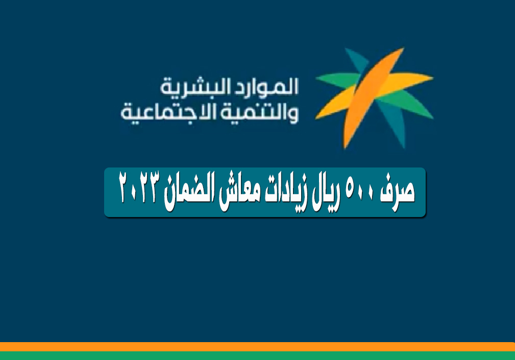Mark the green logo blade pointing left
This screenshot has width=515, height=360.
tap(338, 80)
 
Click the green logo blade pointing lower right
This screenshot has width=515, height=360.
tap(409, 104)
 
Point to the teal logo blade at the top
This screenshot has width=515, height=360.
tap(358, 61)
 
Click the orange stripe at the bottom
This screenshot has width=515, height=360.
tap(257, 347)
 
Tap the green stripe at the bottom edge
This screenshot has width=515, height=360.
tap(257, 356)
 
